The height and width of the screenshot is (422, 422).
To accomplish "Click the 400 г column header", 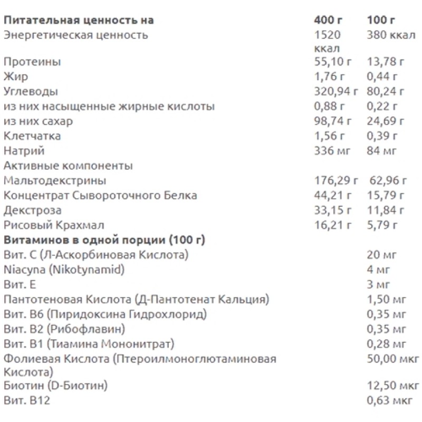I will pos(328,21).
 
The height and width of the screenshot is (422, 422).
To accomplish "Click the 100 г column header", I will pos(381,21).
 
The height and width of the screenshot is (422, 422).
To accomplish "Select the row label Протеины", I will pos(32,62).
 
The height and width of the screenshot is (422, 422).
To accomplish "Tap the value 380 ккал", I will pos(388,35).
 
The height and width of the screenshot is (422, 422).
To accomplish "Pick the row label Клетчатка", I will pos(32,136).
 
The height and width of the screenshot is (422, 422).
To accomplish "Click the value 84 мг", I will pos(381,151).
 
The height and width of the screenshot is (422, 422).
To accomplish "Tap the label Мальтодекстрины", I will pos(54,181).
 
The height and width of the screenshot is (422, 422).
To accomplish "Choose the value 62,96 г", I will pos(387,181).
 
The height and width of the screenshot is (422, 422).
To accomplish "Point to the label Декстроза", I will pos(32,210).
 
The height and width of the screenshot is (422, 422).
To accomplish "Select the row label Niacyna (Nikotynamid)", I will pos(63,270).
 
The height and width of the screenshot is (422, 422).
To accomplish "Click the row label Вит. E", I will pos(20,285).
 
